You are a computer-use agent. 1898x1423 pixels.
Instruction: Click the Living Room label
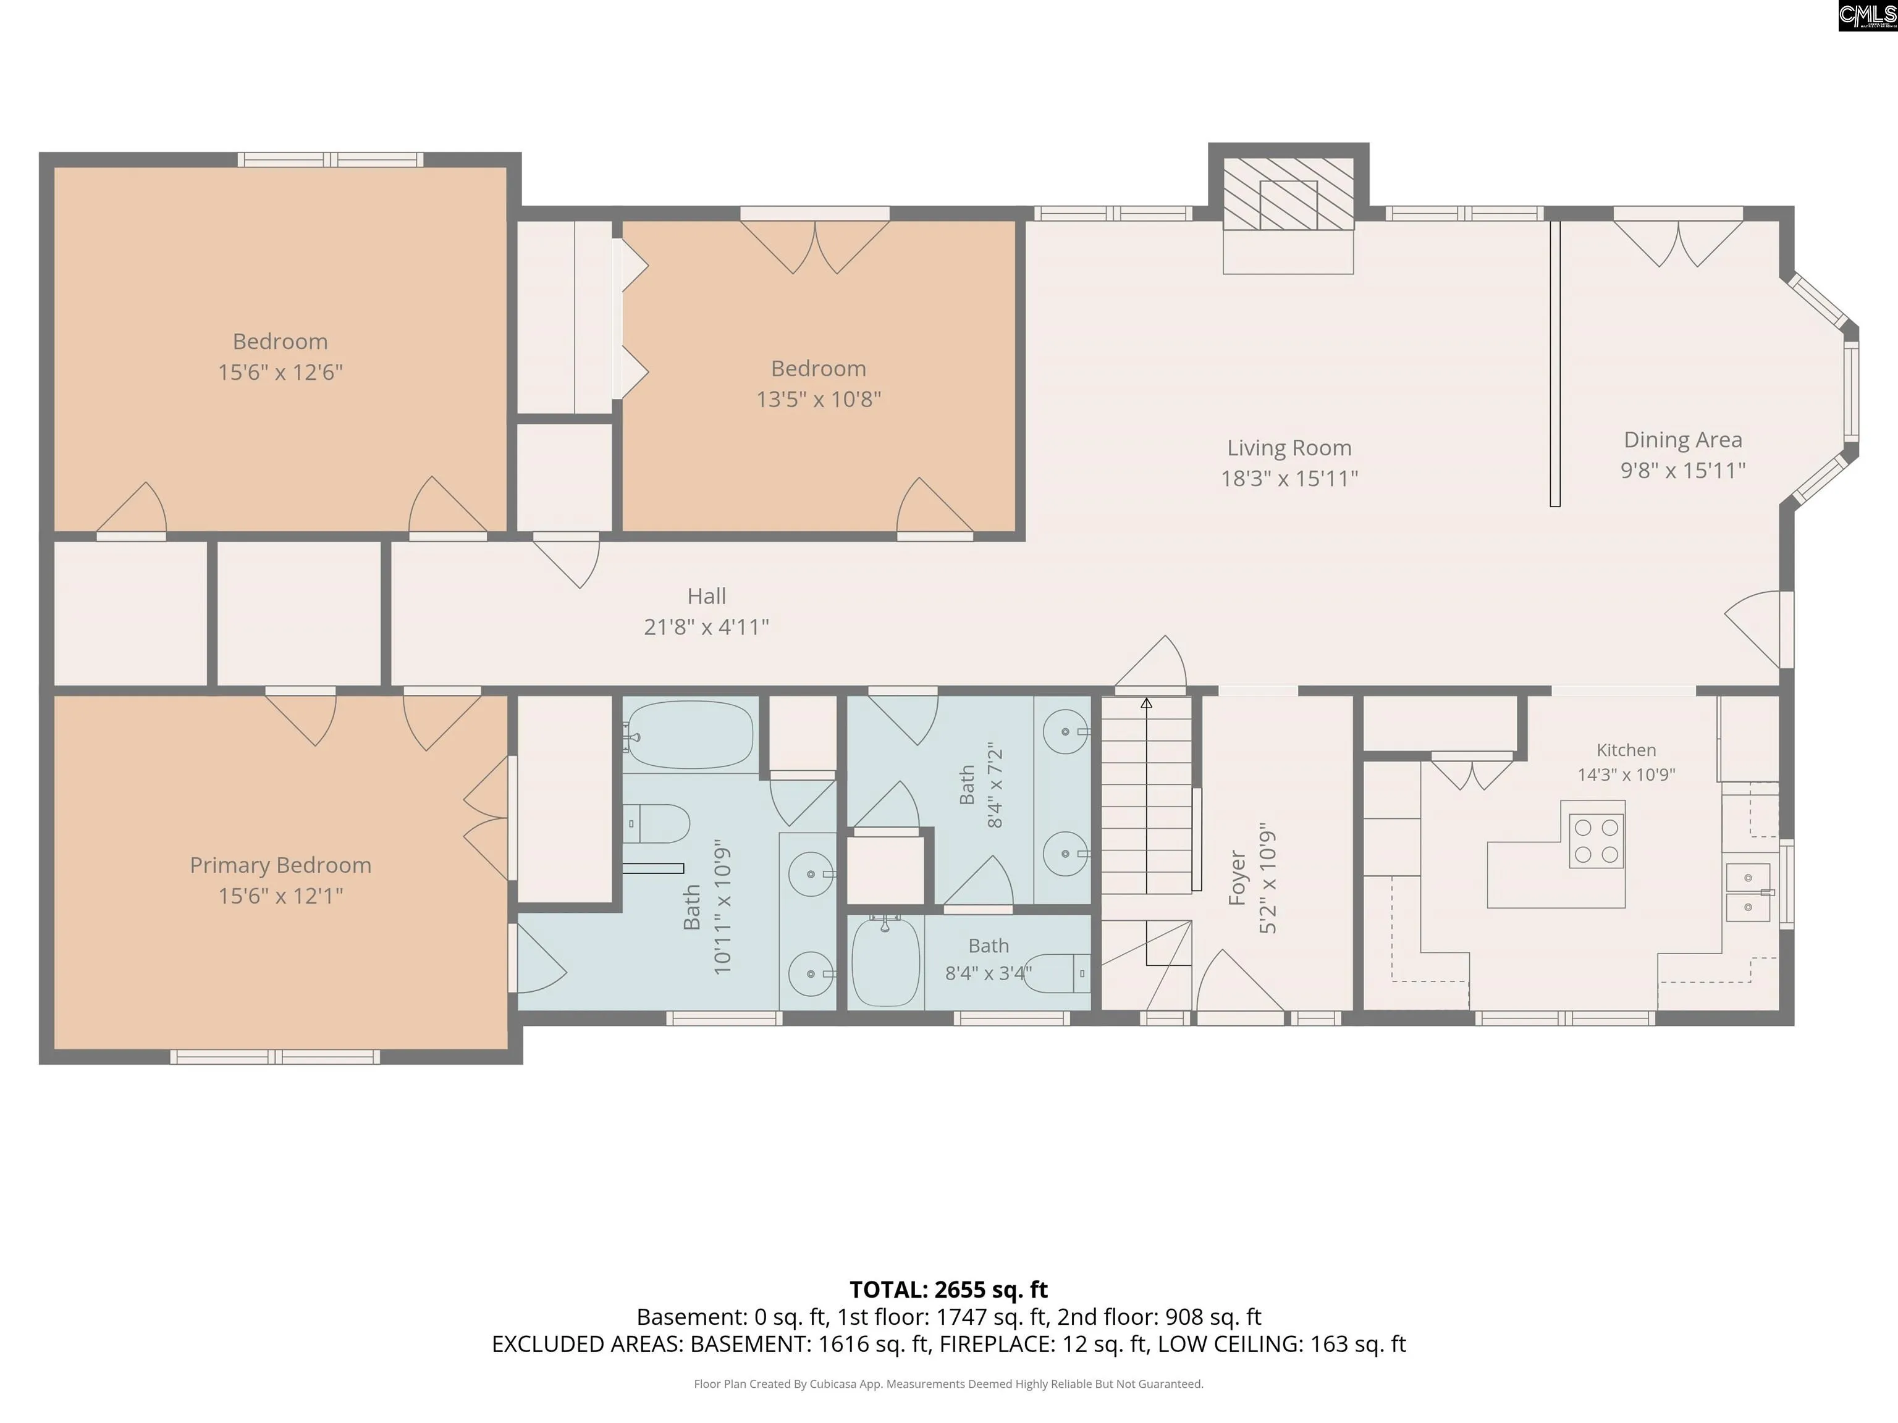tap(1289, 448)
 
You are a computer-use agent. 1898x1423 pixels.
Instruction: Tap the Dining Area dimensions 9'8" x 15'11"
tap(1682, 470)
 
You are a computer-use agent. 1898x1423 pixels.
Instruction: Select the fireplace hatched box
tap(1288, 193)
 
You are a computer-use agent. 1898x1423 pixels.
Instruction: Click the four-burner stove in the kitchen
tap(1596, 841)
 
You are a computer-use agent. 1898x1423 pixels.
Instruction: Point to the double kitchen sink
tap(1748, 892)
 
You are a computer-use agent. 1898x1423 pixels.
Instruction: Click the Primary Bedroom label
tap(280, 865)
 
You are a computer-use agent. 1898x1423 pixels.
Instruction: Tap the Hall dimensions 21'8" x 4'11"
tap(706, 627)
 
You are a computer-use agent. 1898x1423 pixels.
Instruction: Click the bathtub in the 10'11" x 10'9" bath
tap(689, 735)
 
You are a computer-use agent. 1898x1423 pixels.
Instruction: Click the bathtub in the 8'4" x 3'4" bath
tap(885, 960)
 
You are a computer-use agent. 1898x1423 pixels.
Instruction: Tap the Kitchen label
tap(1626, 750)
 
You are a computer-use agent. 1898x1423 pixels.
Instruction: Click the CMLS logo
tap(1867, 15)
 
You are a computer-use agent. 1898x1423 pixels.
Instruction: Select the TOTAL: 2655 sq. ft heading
tap(949, 1289)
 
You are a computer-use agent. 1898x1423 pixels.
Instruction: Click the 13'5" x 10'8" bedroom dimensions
tap(819, 399)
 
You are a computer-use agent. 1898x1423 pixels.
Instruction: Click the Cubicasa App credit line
tap(948, 1383)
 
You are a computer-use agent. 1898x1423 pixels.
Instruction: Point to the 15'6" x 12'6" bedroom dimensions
tap(280, 372)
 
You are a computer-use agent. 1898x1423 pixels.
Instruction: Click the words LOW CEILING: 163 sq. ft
tap(1282, 1343)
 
